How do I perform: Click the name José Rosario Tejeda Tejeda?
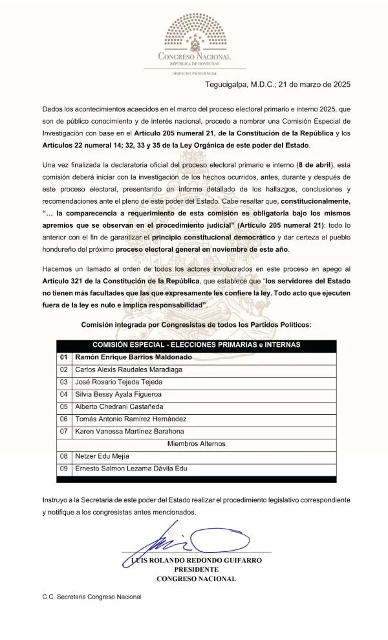tap(124, 382)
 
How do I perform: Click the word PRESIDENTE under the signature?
tap(195, 570)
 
